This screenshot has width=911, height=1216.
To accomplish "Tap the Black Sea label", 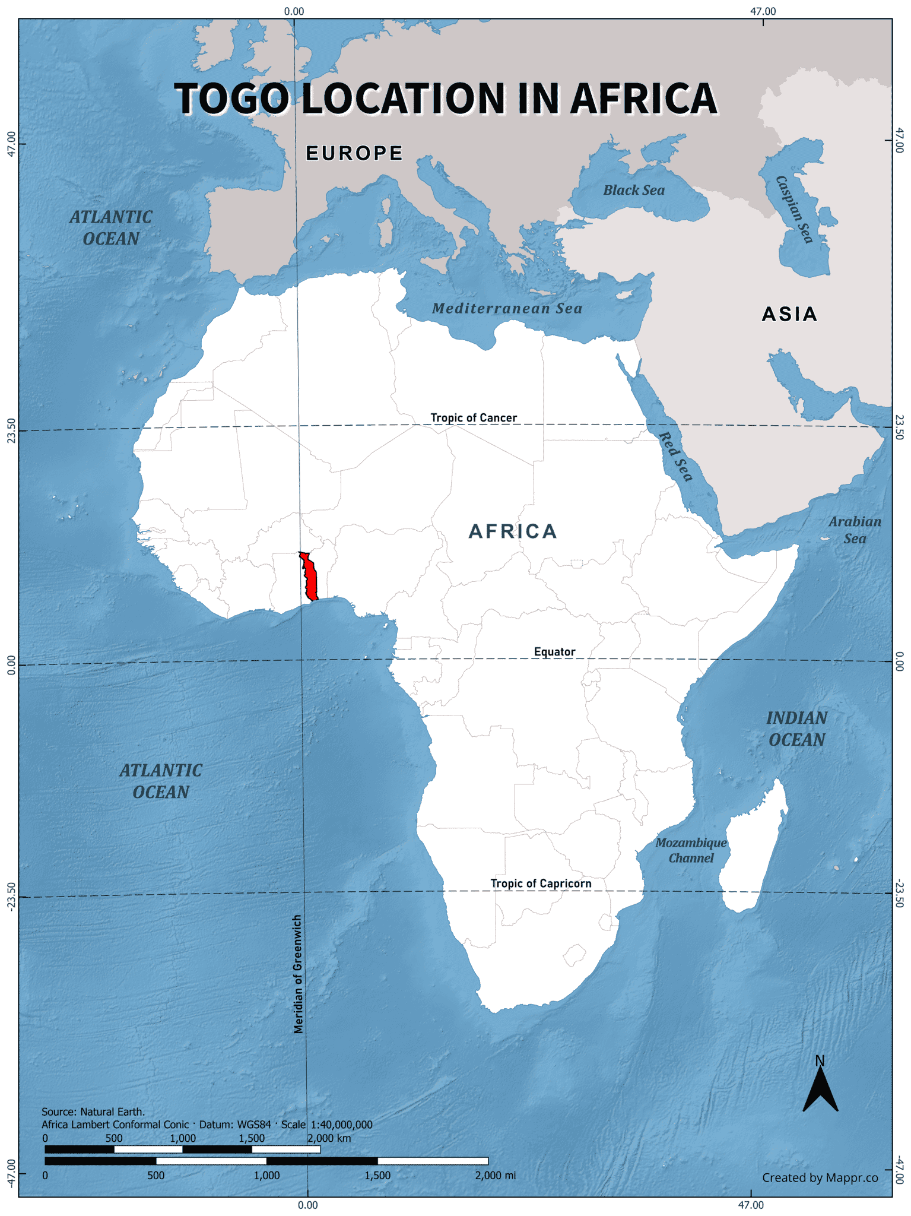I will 634,191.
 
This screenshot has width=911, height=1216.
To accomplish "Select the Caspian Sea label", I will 794,210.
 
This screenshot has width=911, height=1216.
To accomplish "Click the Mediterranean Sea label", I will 507,308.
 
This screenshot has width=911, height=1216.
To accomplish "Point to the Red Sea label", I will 676,457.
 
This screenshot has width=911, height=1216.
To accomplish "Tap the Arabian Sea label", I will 855,530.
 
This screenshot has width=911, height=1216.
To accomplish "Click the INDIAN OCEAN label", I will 796,729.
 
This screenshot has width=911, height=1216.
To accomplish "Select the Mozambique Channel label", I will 691,850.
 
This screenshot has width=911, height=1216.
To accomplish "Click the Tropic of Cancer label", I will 474,418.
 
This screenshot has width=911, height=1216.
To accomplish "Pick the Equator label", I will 554,652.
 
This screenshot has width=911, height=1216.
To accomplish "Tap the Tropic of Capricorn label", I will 541,883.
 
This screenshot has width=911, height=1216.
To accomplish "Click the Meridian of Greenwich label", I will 299,974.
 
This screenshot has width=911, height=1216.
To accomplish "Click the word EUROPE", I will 354,153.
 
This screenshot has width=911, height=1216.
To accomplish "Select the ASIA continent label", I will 789,314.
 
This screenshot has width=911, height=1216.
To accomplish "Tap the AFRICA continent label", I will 513,531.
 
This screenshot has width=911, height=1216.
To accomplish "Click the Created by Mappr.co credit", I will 820,1177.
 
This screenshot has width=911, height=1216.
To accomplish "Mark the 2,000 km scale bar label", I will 329,1138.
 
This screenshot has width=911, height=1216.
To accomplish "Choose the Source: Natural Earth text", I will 93,1111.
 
